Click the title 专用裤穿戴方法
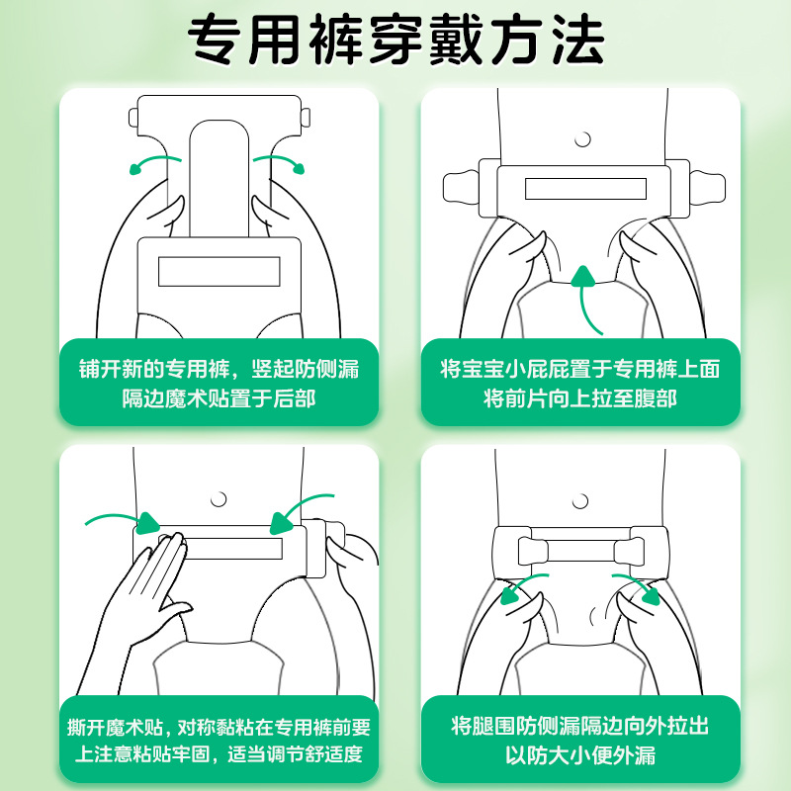click(396, 41)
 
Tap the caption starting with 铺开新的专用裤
click(219, 384)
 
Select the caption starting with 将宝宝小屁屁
click(580, 384)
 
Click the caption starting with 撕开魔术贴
click(219, 740)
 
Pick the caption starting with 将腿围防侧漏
click(580, 740)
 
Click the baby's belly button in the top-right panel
click(582, 139)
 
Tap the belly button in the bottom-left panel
click(219, 499)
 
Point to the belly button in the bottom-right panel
click(580, 501)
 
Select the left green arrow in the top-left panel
click(151, 161)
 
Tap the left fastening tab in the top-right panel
click(462, 188)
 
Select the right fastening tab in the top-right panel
click(707, 188)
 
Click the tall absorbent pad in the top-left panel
click(219, 178)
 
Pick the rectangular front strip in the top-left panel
click(219, 271)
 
